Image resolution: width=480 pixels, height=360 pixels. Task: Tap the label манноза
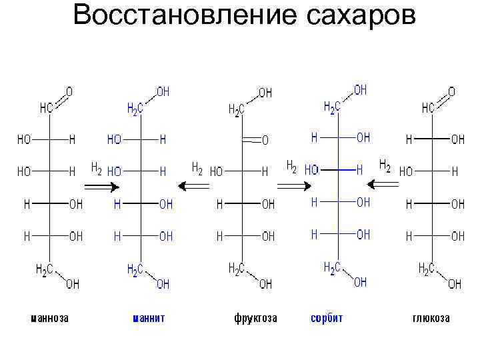[50, 318]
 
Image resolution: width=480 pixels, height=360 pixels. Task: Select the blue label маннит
[148, 318]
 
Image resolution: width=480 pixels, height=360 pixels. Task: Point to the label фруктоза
[255, 318]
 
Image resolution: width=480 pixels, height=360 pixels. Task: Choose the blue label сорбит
[327, 318]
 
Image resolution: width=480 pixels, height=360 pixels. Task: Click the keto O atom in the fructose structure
[265, 141]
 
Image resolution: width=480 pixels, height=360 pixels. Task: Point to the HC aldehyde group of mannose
[46, 108]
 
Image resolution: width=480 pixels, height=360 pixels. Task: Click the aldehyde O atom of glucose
[451, 91]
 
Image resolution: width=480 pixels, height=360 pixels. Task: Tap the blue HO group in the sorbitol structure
[311, 170]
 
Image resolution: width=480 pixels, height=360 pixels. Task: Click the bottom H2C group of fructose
[237, 268]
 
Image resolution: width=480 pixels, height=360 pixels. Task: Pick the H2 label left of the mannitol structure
[96, 168]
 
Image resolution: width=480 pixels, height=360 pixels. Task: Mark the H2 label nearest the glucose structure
[385, 164]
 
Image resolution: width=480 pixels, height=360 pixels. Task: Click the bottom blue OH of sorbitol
[360, 283]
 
